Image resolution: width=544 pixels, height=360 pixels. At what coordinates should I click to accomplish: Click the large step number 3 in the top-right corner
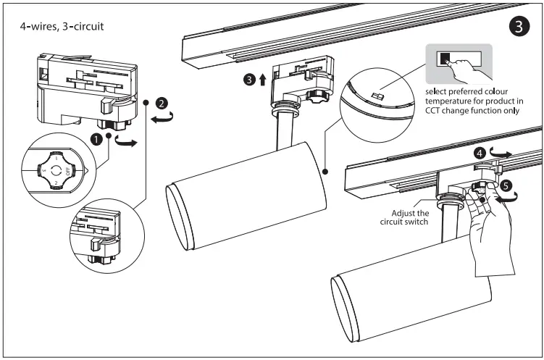click(516, 27)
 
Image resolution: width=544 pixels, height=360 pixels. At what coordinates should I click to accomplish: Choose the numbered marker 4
click(479, 154)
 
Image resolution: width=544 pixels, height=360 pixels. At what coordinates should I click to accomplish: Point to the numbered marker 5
click(507, 185)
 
